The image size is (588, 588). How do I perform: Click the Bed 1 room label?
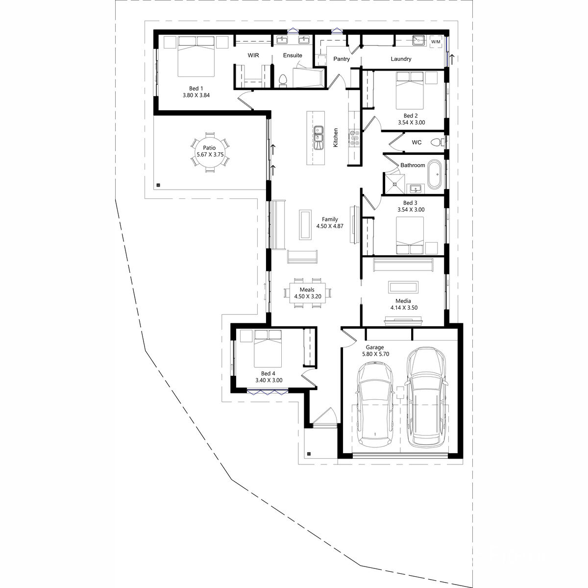pos(196,89)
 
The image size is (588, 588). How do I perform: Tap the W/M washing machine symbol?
pos(436,42)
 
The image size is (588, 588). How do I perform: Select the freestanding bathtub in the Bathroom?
pos(434,175)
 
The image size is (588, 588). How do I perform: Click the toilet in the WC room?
pos(437,142)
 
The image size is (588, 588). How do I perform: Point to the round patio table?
pos(210,151)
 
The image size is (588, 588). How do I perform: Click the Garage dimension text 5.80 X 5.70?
pos(376,354)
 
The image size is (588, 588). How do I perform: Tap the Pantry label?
pos(342,59)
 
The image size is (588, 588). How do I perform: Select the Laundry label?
pos(401,59)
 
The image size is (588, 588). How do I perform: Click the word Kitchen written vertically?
pos(336,138)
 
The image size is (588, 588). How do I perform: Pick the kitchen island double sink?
pos(318,138)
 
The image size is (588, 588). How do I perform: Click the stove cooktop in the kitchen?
pos(354,138)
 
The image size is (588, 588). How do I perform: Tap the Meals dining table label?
pos(307,290)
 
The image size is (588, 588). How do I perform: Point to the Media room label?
pos(403,301)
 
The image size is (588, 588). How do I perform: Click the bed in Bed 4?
pos(268,348)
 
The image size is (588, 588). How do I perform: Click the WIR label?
pos(253,55)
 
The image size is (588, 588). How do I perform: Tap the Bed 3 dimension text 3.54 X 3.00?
pos(411,210)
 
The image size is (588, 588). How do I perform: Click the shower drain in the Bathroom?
pos(395,184)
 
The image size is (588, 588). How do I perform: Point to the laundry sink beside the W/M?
pos(419,40)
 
